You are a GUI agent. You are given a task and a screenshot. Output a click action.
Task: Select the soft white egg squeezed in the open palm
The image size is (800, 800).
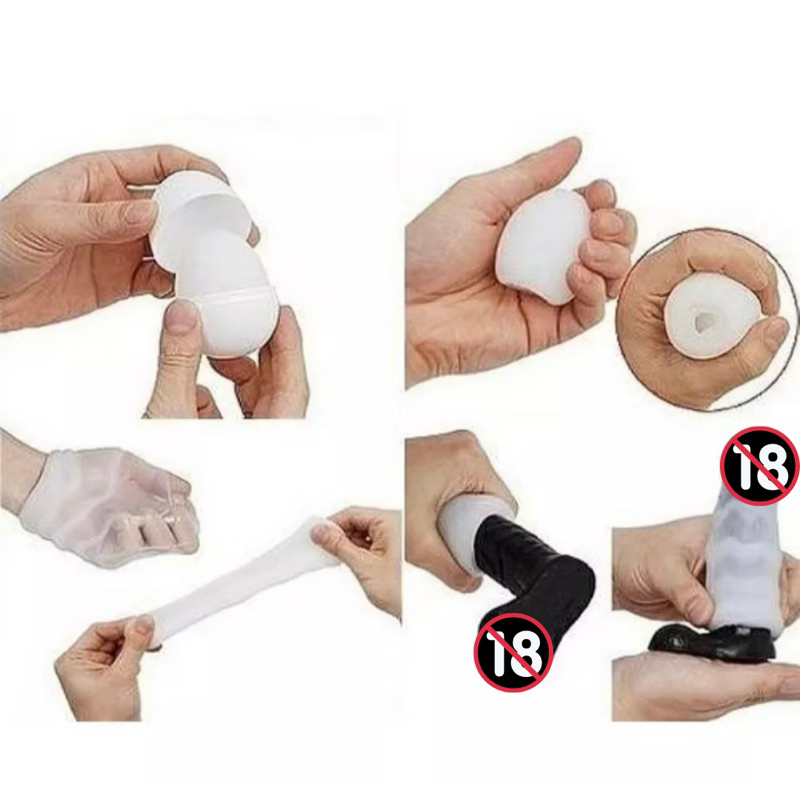click(541, 241)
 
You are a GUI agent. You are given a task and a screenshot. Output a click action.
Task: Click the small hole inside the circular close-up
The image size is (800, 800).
click(699, 321)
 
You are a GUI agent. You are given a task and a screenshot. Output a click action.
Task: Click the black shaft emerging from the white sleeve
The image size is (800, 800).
click(531, 582)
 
